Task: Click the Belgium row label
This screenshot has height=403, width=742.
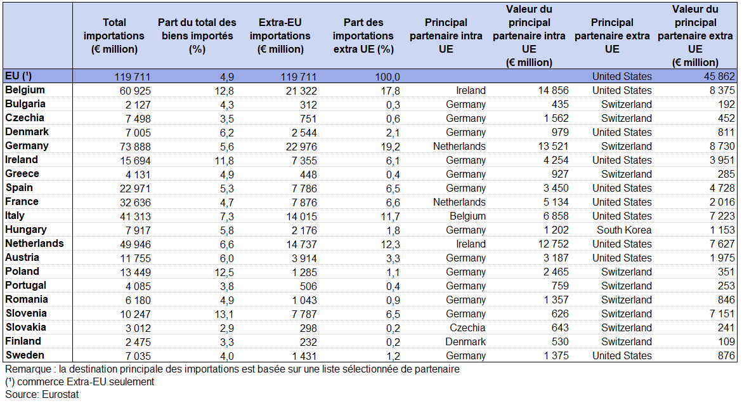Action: coord(25,90)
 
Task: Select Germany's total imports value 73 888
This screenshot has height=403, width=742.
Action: coord(135,147)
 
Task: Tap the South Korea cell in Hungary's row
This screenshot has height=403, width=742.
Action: coord(623,230)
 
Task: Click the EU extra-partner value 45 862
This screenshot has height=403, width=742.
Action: coord(719,77)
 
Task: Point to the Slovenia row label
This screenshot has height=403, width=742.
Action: coord(26,314)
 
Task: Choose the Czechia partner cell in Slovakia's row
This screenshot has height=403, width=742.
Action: coord(467,327)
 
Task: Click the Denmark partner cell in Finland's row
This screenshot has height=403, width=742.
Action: coord(465,342)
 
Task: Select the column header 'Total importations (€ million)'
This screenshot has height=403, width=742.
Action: coord(114,36)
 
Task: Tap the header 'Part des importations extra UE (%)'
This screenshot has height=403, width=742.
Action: coord(363,36)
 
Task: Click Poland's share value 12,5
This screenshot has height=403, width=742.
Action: coord(225,272)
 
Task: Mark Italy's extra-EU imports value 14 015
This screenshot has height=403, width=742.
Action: coord(301,216)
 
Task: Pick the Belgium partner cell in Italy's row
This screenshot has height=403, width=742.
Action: coord(467,216)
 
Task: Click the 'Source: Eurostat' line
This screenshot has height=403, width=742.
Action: coord(42,395)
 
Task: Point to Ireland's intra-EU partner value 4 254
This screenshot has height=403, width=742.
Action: coord(556,161)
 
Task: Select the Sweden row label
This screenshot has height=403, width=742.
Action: coord(25,355)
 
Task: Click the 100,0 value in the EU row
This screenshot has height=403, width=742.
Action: coord(387,77)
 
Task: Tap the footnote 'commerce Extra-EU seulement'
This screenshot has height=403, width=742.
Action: coord(86,381)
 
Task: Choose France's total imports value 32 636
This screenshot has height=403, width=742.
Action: coord(135,202)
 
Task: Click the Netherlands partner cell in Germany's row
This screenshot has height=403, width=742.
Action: coord(460,147)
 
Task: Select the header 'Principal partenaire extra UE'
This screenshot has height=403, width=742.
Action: coord(612,36)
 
